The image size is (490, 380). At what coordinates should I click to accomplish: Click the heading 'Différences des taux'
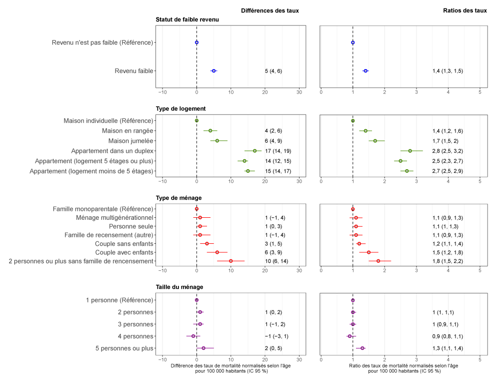pyautogui.click(x=269, y=11)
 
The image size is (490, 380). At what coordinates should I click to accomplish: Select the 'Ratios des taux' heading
pyautogui.click(x=465, y=11)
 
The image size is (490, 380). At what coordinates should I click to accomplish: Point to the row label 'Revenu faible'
pyautogui.click(x=133, y=71)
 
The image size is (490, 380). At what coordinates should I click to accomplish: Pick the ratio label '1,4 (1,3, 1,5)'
pyautogui.click(x=447, y=71)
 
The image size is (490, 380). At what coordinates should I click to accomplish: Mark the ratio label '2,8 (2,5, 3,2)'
pyautogui.click(x=447, y=151)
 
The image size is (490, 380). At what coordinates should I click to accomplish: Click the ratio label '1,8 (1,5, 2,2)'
pyautogui.click(x=447, y=261)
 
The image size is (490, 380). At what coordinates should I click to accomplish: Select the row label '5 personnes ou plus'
pyautogui.click(x=124, y=348)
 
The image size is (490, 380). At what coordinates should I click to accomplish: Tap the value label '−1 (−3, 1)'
pyautogui.click(x=276, y=336)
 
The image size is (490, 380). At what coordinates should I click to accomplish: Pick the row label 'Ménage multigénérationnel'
pyautogui.click(x=114, y=218)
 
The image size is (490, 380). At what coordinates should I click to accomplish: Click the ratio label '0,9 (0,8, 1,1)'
pyautogui.click(x=447, y=336)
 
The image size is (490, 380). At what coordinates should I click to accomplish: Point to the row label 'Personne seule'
pyautogui.click(x=131, y=226)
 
